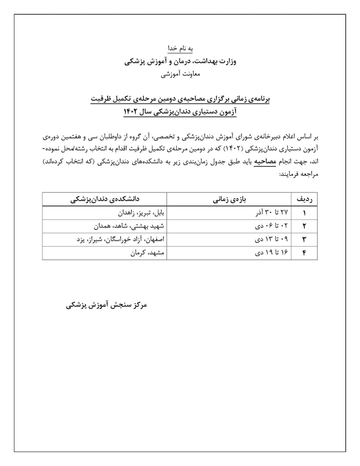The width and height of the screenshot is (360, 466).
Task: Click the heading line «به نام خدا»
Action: point(180,48)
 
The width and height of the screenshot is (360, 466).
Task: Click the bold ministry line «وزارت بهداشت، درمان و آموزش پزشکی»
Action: point(180,61)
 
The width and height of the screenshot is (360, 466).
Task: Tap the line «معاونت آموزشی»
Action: point(180,74)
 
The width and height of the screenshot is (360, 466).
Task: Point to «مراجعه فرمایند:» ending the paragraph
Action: point(298,174)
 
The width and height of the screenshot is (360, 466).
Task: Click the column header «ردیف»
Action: point(304,199)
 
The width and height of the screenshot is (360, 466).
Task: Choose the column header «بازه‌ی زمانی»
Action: point(229,199)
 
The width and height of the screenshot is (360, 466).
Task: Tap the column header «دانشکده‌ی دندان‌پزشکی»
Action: point(105,199)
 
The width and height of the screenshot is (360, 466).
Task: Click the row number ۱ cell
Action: point(304,213)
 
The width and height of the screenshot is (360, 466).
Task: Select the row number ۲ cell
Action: point(304,226)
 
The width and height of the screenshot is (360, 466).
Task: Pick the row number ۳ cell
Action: point(304,240)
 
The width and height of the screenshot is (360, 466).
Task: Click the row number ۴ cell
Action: point(304,253)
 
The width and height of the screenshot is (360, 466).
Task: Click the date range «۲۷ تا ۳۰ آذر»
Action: point(272,213)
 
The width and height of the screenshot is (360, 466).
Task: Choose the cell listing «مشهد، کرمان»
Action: point(147,253)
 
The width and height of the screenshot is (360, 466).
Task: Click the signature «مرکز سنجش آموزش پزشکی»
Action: point(106,305)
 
